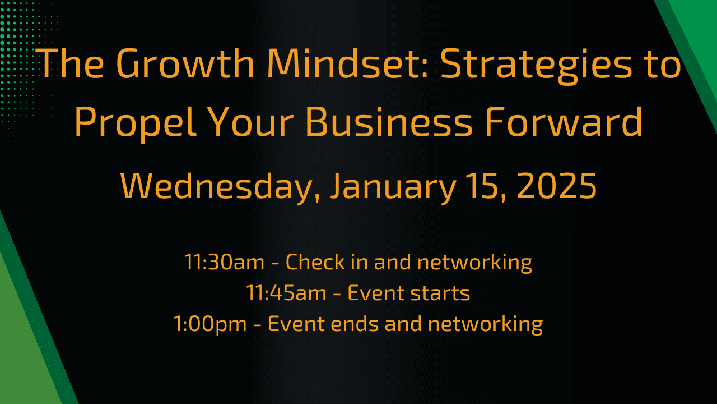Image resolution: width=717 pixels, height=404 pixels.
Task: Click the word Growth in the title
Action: pyautogui.click(x=185, y=63)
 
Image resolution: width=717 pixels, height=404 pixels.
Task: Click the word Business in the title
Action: pyautogui.click(x=389, y=122)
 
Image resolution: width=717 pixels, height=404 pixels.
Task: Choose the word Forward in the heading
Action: pyautogui.click(x=564, y=122)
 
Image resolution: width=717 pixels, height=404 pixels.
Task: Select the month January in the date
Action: pyautogui.click(x=393, y=188)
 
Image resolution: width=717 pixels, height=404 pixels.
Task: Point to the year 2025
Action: pyautogui.click(x=557, y=186)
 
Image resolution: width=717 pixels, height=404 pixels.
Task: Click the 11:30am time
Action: pyautogui.click(x=225, y=262)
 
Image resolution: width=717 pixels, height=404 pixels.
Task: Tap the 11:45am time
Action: pyautogui.click(x=286, y=293)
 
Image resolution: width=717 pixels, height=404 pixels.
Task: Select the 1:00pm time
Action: pyautogui.click(x=210, y=324)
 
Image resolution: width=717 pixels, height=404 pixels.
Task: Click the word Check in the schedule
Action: pyautogui.click(x=315, y=261)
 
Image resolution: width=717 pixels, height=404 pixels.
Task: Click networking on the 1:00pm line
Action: pyautogui.click(x=485, y=324)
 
